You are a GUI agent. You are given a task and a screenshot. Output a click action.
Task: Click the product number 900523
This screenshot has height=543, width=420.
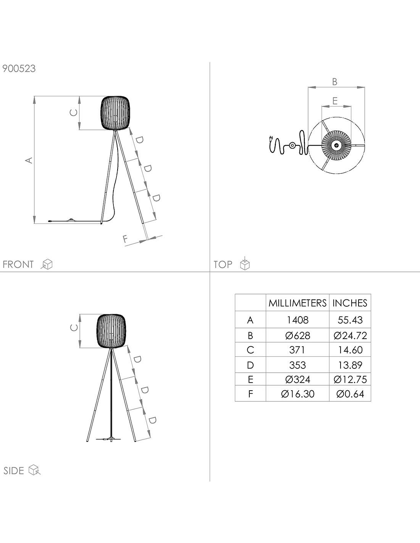pyautogui.click(x=19, y=68)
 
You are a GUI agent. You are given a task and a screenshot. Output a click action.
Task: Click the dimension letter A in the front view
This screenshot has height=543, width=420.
pyautogui.click(x=29, y=160)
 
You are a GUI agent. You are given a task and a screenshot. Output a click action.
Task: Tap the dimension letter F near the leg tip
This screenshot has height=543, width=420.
pyautogui.click(x=125, y=239)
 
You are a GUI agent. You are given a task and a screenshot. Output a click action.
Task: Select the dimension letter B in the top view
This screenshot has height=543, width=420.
pyautogui.click(x=334, y=82)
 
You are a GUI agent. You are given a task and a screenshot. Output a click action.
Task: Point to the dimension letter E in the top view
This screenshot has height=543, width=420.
pyautogui.click(x=335, y=101)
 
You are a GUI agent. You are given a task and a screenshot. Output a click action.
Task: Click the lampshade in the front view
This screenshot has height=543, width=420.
pyautogui.click(x=115, y=113)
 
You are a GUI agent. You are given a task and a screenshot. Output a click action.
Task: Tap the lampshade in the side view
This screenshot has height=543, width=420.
pyautogui.click(x=111, y=331)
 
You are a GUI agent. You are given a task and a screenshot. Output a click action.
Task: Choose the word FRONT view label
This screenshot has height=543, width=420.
pyautogui.click(x=18, y=264)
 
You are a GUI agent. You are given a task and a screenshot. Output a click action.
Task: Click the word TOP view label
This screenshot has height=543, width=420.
pyautogui.click(x=223, y=264)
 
